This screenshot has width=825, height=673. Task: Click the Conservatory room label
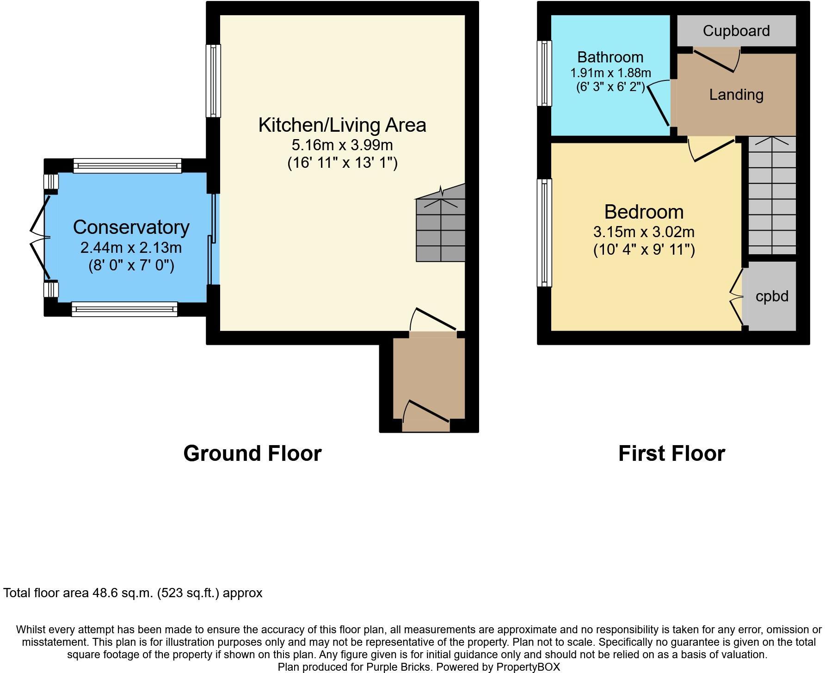(131, 227)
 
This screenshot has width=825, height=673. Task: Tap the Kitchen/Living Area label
(342, 125)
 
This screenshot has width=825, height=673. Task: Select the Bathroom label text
(610, 57)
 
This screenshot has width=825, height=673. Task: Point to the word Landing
(736, 95)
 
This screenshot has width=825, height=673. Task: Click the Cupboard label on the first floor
(736, 31)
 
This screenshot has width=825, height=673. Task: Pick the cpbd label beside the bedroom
(772, 296)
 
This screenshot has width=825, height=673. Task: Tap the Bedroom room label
(644, 212)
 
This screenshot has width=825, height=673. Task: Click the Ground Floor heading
(252, 453)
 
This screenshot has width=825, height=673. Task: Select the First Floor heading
(671, 453)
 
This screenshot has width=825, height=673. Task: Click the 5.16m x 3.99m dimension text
(342, 145)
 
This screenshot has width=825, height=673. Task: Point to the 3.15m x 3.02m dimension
(644, 232)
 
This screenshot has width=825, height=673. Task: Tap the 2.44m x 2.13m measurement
(131, 248)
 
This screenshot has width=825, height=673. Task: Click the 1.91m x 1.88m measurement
(610, 73)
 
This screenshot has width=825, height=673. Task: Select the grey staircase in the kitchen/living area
(441, 226)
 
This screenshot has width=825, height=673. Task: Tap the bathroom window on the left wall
(544, 73)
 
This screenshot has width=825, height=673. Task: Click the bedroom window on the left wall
(544, 232)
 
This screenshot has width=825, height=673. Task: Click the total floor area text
(133, 593)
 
